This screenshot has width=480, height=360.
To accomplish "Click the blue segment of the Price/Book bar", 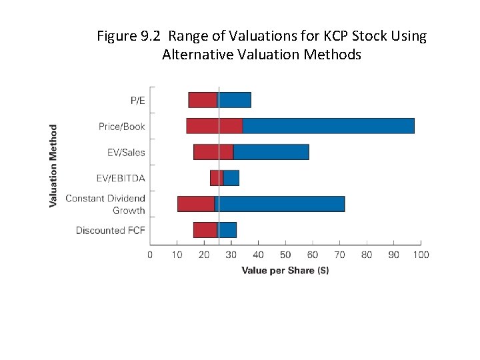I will pyautogui.click(x=328, y=125).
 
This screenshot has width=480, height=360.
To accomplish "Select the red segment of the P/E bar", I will pyautogui.click(x=203, y=100).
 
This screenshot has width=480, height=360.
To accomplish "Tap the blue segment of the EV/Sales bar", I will pyautogui.click(x=271, y=152).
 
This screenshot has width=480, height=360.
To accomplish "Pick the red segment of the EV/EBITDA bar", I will pyautogui.click(x=216, y=178).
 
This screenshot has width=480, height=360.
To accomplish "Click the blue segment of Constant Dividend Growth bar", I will pyautogui.click(x=280, y=204).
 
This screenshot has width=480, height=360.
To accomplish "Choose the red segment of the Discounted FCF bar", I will pyautogui.click(x=205, y=230).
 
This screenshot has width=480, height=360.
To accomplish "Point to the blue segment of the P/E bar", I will pyautogui.click(x=235, y=100).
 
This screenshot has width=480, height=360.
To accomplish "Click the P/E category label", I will pyautogui.click(x=137, y=101).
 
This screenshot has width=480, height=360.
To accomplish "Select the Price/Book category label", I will pyautogui.click(x=121, y=127).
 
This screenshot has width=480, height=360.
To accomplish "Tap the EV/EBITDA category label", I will pyautogui.click(x=120, y=179).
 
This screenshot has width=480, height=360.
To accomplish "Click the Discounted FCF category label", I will pyautogui.click(x=110, y=231).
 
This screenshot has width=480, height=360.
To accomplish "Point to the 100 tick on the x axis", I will pyautogui.click(x=421, y=255).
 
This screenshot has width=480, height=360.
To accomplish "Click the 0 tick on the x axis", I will pyautogui.click(x=150, y=255).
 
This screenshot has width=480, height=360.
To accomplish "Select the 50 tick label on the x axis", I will pyautogui.click(x=285, y=255).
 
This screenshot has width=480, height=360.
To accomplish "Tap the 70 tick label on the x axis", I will pyautogui.click(x=339, y=255).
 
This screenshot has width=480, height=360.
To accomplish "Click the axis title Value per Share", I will pyautogui.click(x=285, y=270).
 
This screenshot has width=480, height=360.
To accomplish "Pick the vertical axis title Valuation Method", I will pyautogui.click(x=53, y=165).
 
